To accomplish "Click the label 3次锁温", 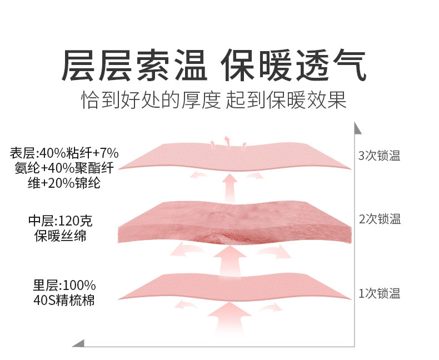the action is click(x=380, y=156).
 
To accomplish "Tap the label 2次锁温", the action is click(x=380, y=219).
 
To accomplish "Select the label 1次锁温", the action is click(x=380, y=293).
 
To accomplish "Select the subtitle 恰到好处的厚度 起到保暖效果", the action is click(x=213, y=101).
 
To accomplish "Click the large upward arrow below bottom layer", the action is click(x=228, y=319).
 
